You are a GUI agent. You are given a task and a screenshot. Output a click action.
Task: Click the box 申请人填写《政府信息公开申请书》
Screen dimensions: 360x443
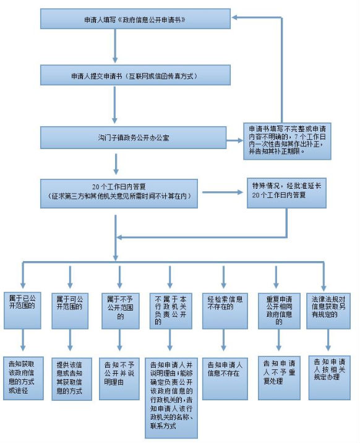[x=135, y=19]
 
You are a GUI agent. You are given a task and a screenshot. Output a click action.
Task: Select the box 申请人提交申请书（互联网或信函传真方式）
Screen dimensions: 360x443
[x=135, y=75]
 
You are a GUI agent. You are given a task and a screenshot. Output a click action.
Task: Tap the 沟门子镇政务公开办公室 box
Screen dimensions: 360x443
[x=133, y=137]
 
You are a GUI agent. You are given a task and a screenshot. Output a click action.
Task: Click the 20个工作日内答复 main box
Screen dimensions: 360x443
[x=119, y=194]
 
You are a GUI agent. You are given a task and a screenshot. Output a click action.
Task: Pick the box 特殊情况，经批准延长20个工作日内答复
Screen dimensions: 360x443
[x=286, y=193]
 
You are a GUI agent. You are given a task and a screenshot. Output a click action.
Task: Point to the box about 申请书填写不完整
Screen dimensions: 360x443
[x=287, y=141]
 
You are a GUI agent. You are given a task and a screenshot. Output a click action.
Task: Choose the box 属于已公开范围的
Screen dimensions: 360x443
[x=22, y=311]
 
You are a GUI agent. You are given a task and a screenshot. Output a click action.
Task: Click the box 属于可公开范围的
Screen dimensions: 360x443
[x=70, y=311]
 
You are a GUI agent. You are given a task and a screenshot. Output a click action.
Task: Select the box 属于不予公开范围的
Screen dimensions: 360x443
[x=121, y=311]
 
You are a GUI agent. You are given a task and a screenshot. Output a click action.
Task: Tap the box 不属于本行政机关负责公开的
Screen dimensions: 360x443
[x=171, y=311]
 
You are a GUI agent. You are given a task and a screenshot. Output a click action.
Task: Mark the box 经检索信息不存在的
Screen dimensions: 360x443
[x=225, y=311]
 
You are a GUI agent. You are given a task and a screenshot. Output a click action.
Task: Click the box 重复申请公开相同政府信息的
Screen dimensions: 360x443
[x=279, y=311]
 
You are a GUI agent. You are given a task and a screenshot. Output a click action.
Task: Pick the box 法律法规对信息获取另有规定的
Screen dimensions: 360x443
[x=328, y=311]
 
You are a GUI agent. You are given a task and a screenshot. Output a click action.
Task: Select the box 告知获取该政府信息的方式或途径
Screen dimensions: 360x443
[x=24, y=378]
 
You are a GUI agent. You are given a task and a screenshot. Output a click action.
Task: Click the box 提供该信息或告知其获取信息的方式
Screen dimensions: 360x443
[x=72, y=379]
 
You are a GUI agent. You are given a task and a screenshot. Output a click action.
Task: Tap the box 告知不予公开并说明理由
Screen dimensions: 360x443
[x=119, y=379]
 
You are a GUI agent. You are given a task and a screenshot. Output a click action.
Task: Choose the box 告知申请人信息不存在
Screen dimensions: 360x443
[x=225, y=379]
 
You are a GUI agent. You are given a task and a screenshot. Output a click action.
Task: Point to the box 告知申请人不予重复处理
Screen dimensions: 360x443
[x=279, y=378]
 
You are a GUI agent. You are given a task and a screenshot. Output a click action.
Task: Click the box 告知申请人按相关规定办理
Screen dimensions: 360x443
[x=330, y=378]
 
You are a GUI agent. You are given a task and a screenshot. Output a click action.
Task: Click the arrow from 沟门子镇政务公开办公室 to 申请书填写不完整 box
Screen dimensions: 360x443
[x=234, y=140]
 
